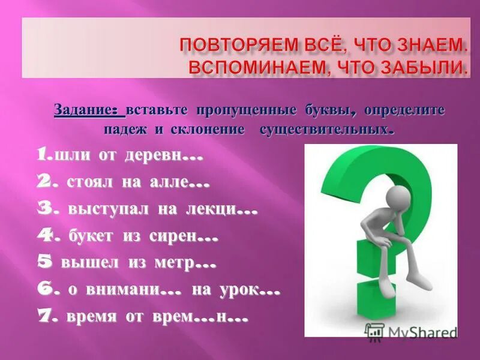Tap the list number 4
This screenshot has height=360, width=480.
point(45,235)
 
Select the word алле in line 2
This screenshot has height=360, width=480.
point(164,182)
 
